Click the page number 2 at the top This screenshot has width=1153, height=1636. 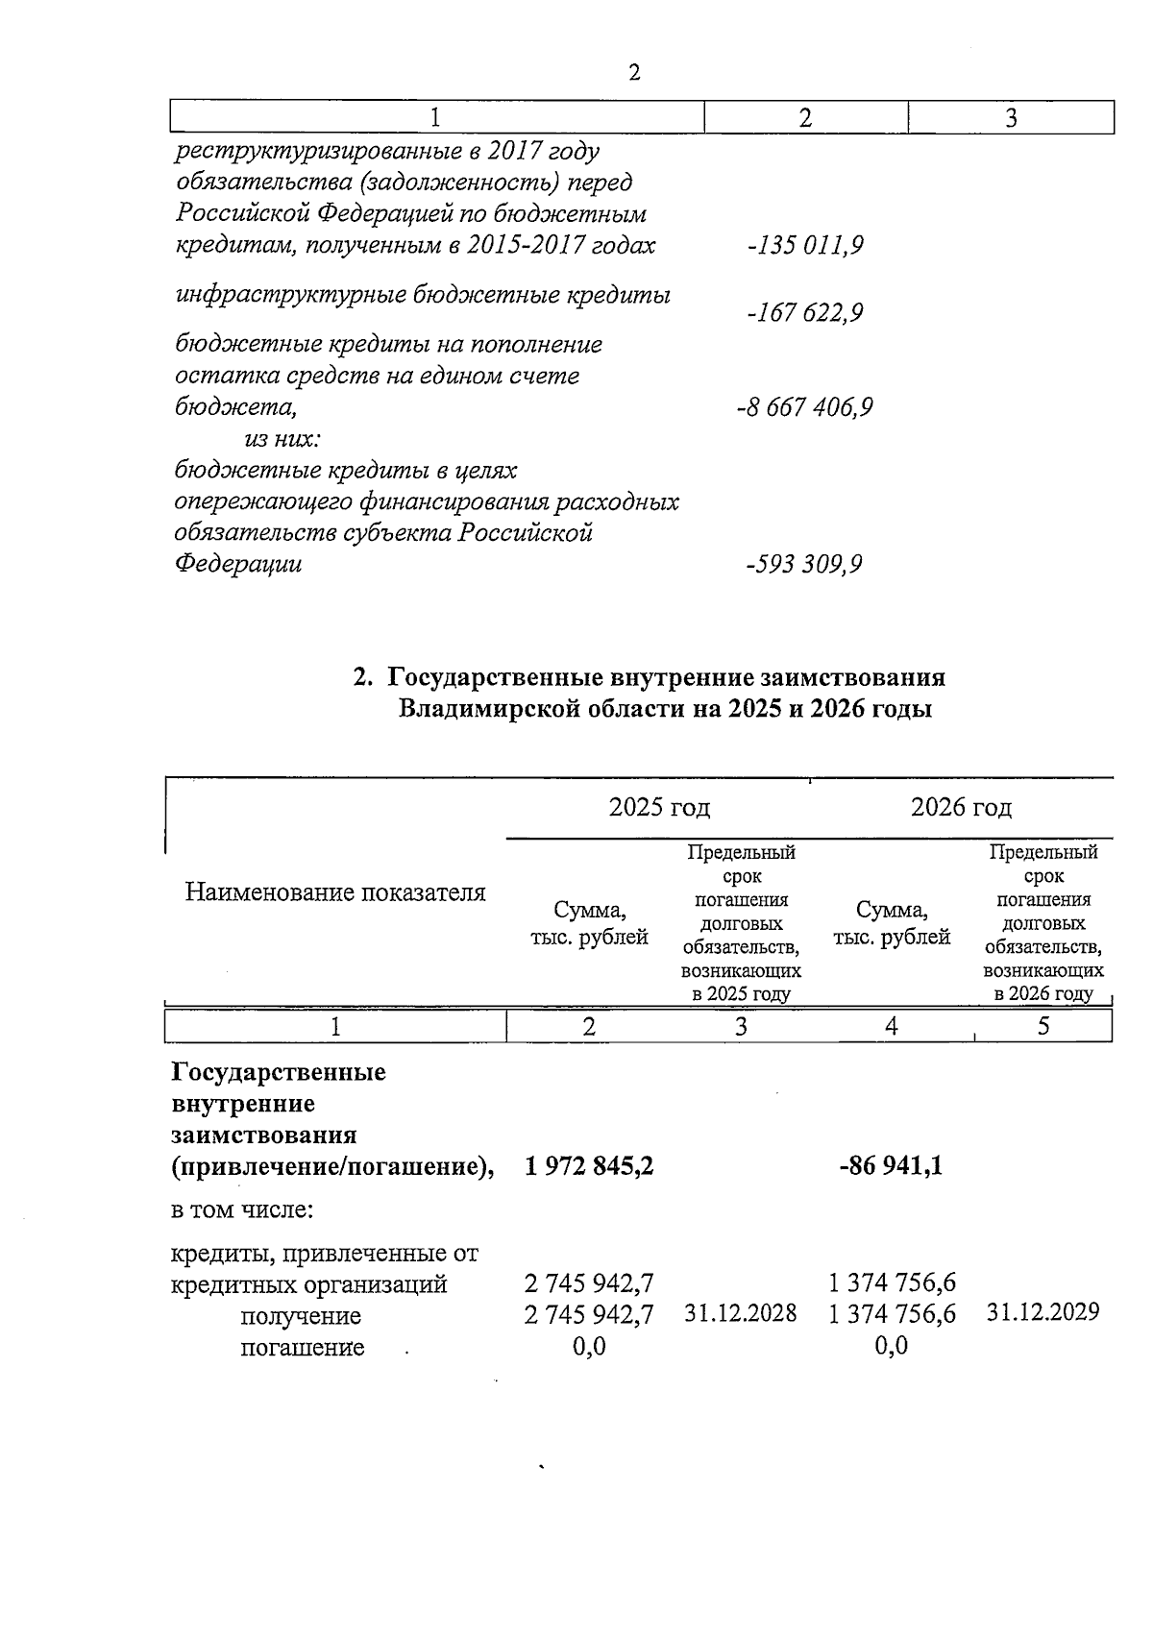(x=633, y=73)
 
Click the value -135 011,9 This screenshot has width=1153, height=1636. (x=804, y=246)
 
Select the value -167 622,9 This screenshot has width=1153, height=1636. (x=804, y=313)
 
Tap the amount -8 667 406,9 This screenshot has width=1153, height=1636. (x=804, y=407)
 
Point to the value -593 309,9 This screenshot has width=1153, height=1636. (x=804, y=564)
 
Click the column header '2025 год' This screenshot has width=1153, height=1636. (x=659, y=807)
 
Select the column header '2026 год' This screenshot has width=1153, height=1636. (x=961, y=807)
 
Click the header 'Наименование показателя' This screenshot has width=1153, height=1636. (x=334, y=892)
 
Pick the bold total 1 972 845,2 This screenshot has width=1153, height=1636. (x=589, y=1166)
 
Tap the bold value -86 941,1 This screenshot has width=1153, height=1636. (x=891, y=1166)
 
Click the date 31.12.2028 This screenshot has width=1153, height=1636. (x=740, y=1313)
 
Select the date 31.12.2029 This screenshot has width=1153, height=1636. (x=1043, y=1312)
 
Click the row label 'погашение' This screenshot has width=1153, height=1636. (x=302, y=1347)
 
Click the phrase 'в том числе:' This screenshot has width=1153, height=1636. (x=242, y=1209)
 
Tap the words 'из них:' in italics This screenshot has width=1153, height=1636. (x=282, y=439)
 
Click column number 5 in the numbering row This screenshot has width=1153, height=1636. (x=1043, y=1027)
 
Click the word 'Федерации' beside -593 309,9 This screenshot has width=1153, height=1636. (x=237, y=564)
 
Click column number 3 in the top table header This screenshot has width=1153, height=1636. (x=1011, y=118)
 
